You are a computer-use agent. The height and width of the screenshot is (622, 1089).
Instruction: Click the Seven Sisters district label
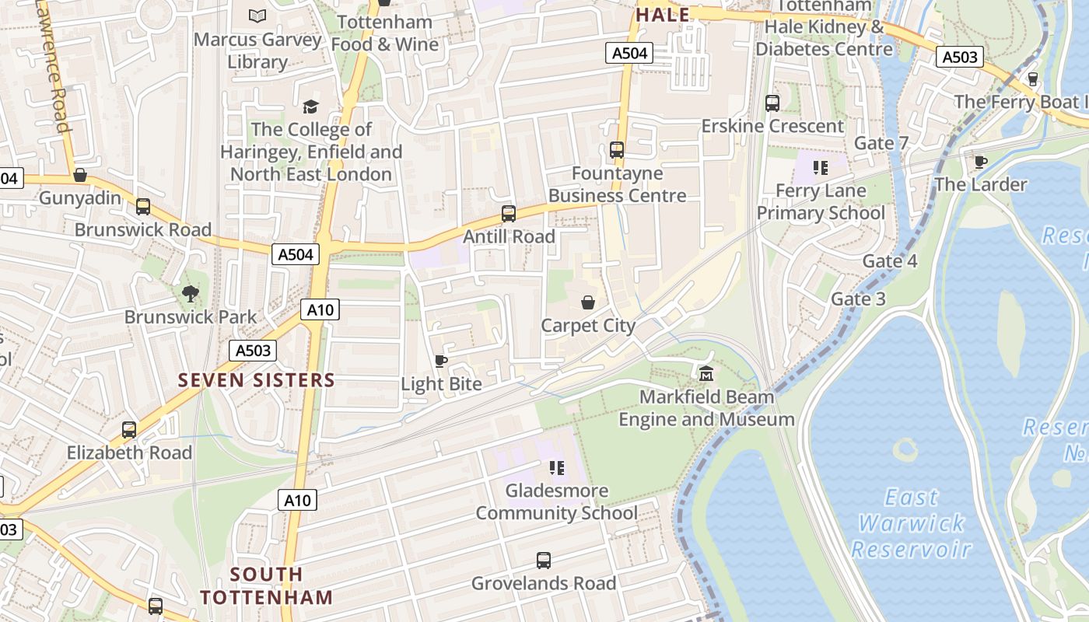pos(256,380)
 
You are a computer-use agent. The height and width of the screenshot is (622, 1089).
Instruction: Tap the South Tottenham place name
pos(266,585)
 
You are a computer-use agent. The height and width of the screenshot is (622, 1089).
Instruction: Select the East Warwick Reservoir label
pos(912,523)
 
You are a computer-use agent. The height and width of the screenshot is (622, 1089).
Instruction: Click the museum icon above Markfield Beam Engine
pos(706,374)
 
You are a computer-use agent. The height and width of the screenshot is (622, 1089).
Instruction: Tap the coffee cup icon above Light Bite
pos(440,361)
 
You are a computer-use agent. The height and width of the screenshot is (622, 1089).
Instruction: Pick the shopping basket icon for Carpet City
pos(588,302)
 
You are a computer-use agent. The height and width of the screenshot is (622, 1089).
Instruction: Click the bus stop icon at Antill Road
pos(509,213)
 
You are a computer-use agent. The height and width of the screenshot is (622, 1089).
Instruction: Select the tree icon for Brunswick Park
pos(190,293)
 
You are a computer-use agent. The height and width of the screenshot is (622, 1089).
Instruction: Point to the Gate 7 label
pos(881,143)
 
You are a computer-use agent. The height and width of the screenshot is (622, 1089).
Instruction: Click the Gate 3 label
pos(858,299)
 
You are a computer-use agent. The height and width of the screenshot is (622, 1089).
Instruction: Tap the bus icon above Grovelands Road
pos(544,560)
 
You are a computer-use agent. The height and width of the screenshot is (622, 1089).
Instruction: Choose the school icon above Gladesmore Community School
pos(556,467)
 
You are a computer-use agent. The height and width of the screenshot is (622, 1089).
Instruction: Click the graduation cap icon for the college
pos(310,107)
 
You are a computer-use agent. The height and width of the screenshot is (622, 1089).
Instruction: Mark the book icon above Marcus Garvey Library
pos(257,16)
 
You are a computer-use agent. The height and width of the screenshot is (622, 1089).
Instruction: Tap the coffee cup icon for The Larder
pos(980,162)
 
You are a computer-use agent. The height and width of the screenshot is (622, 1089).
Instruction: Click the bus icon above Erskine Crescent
pos(772,103)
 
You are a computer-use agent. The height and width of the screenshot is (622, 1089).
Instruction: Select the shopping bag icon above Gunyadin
pos(79,175)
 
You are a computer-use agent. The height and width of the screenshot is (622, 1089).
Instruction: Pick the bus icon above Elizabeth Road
pos(129,429)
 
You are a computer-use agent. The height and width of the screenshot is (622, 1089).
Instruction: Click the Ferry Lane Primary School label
pos(821,201)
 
